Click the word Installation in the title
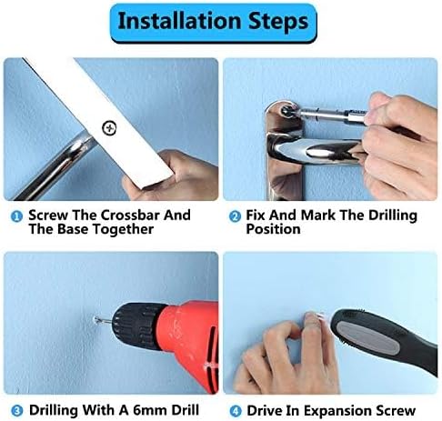click(x=179, y=21)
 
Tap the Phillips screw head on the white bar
click(x=109, y=128)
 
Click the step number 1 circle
click(x=16, y=216)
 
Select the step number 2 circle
click(x=235, y=216)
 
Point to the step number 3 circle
click(x=17, y=411)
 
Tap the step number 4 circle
click(x=236, y=411)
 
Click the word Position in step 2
click(x=273, y=229)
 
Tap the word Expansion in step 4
click(x=338, y=411)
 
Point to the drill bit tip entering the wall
click(x=96, y=319)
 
